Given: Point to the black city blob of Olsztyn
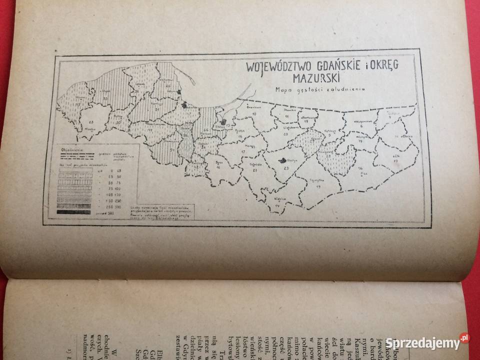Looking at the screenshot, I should (x=284, y=161).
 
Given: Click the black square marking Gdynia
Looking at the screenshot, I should (x=180, y=92).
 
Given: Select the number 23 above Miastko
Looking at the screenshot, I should (x=91, y=121).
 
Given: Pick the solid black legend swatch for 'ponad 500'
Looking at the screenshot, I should (x=74, y=212).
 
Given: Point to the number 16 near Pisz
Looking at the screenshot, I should (x=360, y=168).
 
